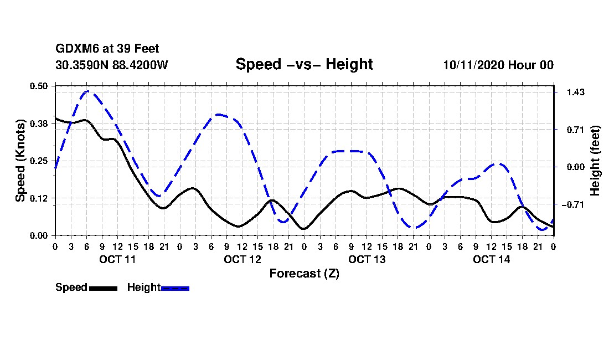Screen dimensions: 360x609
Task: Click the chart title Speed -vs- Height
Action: click(x=304, y=64)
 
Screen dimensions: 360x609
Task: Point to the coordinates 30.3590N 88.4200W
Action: click(x=111, y=65)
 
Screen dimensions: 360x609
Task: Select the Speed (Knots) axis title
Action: click(x=20, y=161)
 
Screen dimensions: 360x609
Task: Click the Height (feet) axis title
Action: click(x=596, y=161)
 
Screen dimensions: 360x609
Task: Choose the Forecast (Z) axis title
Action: click(x=304, y=274)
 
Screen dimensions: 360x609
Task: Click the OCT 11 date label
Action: click(x=117, y=259)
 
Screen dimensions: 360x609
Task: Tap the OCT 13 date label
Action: click(x=367, y=259)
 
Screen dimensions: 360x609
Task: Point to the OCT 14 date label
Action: click(x=491, y=259)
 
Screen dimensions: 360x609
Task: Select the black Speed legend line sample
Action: click(x=102, y=288)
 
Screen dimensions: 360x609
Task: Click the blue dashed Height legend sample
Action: click(x=175, y=288)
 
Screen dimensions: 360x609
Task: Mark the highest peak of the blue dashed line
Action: click(x=87, y=91)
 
